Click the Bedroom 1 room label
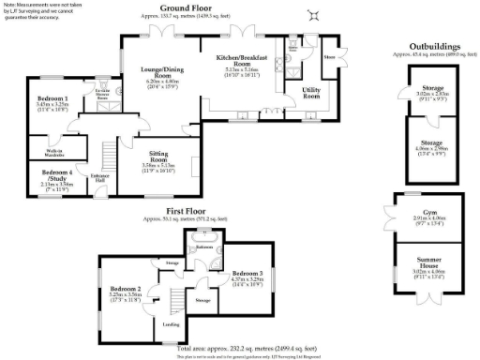[52, 98]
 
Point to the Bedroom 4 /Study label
[52, 174]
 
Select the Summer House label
[419, 256]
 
